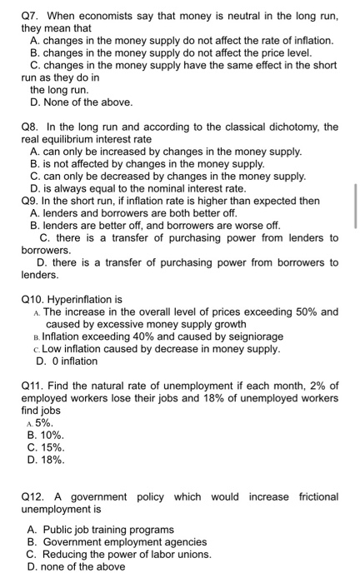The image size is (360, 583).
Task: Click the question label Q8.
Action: [x=30, y=127]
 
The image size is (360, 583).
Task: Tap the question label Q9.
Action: [x=30, y=201]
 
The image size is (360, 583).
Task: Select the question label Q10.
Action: [x=33, y=299]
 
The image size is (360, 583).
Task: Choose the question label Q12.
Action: [x=33, y=497]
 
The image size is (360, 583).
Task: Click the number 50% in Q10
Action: [x=305, y=311]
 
